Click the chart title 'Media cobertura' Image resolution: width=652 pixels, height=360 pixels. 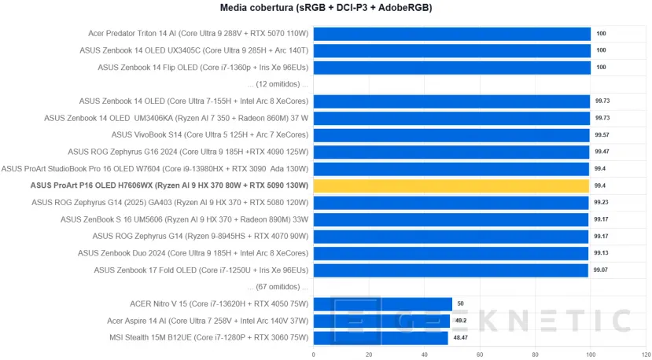coord(326,8)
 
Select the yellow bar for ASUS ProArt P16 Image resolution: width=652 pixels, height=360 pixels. coord(451,186)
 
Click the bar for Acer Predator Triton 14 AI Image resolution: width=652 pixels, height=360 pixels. coord(452,34)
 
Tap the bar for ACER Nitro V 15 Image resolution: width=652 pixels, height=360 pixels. coord(382,303)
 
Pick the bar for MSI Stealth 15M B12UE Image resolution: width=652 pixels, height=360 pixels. coord(381,337)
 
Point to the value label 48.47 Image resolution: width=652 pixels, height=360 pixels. coord(461,337)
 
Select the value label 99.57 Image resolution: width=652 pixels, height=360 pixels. coord(602,135)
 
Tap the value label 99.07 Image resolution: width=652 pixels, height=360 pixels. coord(601,270)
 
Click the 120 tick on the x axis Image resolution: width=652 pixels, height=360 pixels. coord(646,354)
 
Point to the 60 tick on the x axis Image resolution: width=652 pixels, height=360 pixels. coord(480,354)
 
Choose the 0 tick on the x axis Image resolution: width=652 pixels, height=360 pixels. coord(314,354)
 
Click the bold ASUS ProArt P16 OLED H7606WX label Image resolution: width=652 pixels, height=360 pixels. coord(169,186)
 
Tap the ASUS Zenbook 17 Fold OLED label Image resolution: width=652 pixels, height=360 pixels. coord(201,270)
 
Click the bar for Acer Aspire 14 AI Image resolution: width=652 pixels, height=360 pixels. coord(381,321)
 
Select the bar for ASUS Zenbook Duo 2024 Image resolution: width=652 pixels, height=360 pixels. coord(451,253)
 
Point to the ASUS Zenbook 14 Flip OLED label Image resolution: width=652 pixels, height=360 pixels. coord(203,68)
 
